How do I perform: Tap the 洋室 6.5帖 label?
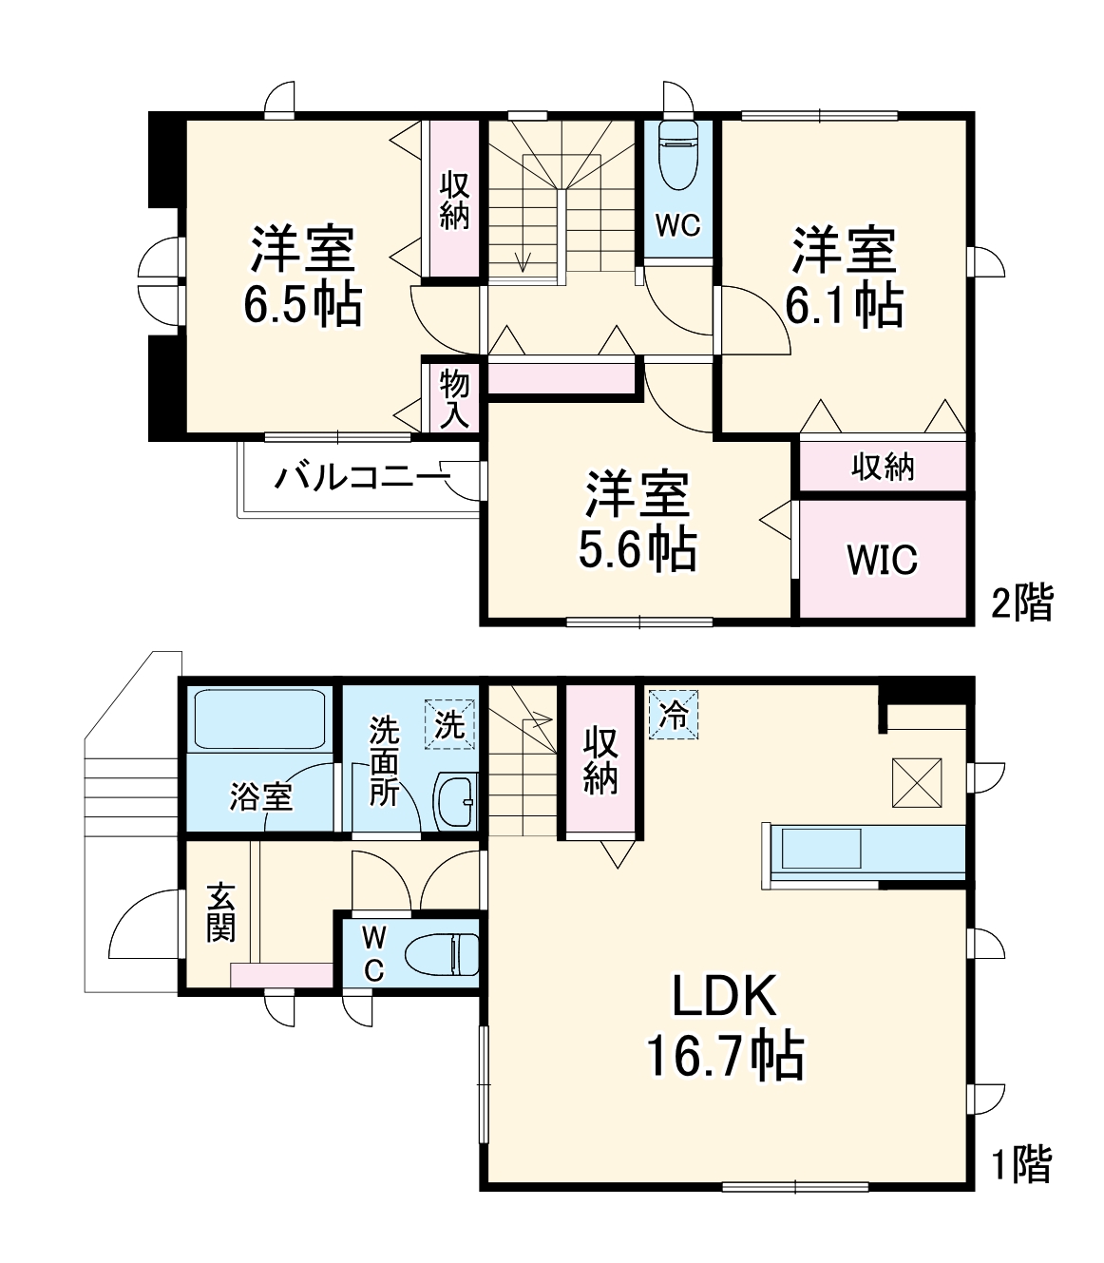pyautogui.click(x=302, y=277)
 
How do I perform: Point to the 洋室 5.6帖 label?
pyautogui.click(x=638, y=520)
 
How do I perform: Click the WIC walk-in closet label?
pyautogui.click(x=883, y=560)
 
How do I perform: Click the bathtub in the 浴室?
pyautogui.click(x=259, y=719)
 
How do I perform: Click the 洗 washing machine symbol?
pyautogui.click(x=449, y=725)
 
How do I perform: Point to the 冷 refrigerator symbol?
pyautogui.click(x=673, y=715)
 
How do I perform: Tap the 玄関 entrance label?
pyautogui.click(x=220, y=913)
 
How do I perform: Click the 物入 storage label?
pyautogui.click(x=454, y=398)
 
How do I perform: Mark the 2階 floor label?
pyautogui.click(x=1022, y=603)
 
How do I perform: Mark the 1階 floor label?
pyautogui.click(x=1022, y=1165)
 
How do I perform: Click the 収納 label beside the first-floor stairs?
pyautogui.click(x=600, y=759)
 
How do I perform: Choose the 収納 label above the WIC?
pyautogui.click(x=883, y=467)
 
